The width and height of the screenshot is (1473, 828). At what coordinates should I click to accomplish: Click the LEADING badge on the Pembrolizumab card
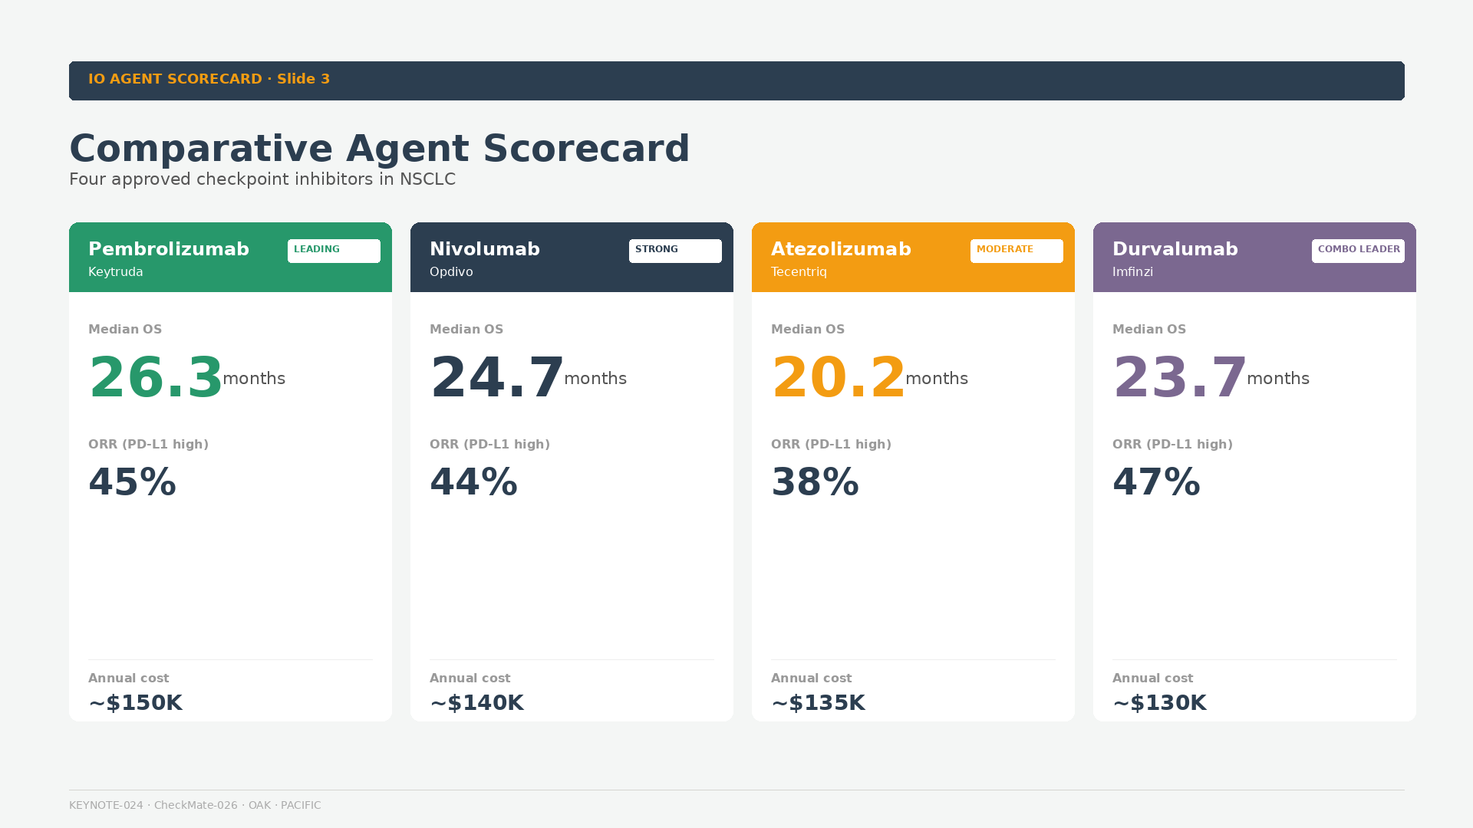pyautogui.click(x=334, y=251)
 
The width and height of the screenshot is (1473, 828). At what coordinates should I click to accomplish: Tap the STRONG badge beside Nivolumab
pyautogui.click(x=675, y=251)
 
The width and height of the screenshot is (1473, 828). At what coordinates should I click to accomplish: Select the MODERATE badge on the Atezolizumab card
pyautogui.click(x=1017, y=251)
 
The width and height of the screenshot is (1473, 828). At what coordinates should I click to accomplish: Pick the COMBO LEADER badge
pyautogui.click(x=1358, y=251)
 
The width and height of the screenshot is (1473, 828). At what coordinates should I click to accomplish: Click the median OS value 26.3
pyautogui.click(x=156, y=378)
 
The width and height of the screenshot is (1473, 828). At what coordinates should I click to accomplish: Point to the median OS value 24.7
pyautogui.click(x=497, y=378)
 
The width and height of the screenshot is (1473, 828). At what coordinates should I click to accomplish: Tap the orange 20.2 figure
pyautogui.click(x=839, y=378)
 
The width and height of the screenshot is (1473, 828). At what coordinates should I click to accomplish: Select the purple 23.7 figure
pyautogui.click(x=1180, y=378)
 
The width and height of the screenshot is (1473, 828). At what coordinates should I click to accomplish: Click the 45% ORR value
pyautogui.click(x=133, y=483)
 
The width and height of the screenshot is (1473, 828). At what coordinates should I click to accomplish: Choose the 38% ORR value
pyautogui.click(x=816, y=483)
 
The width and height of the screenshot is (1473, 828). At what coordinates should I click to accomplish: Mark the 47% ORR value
pyautogui.click(x=1157, y=483)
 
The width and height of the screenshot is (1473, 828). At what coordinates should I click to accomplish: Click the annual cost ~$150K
pyautogui.click(x=136, y=703)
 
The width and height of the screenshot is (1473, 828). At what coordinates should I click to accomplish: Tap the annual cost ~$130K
pyautogui.click(x=1160, y=703)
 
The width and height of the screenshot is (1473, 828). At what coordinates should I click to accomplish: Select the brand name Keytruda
pyautogui.click(x=116, y=272)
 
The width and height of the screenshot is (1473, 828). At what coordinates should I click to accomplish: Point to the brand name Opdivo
pyautogui.click(x=451, y=272)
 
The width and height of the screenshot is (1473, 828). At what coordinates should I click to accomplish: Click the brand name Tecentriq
pyautogui.click(x=799, y=272)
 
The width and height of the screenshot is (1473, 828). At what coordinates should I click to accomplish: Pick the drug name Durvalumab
pyautogui.click(x=1175, y=249)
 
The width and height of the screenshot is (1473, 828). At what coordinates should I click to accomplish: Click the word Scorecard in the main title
pyautogui.click(x=587, y=149)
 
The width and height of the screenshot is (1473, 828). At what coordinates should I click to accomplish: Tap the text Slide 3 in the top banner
pyautogui.click(x=303, y=79)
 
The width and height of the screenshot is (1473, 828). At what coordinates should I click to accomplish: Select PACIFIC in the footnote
pyautogui.click(x=301, y=805)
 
